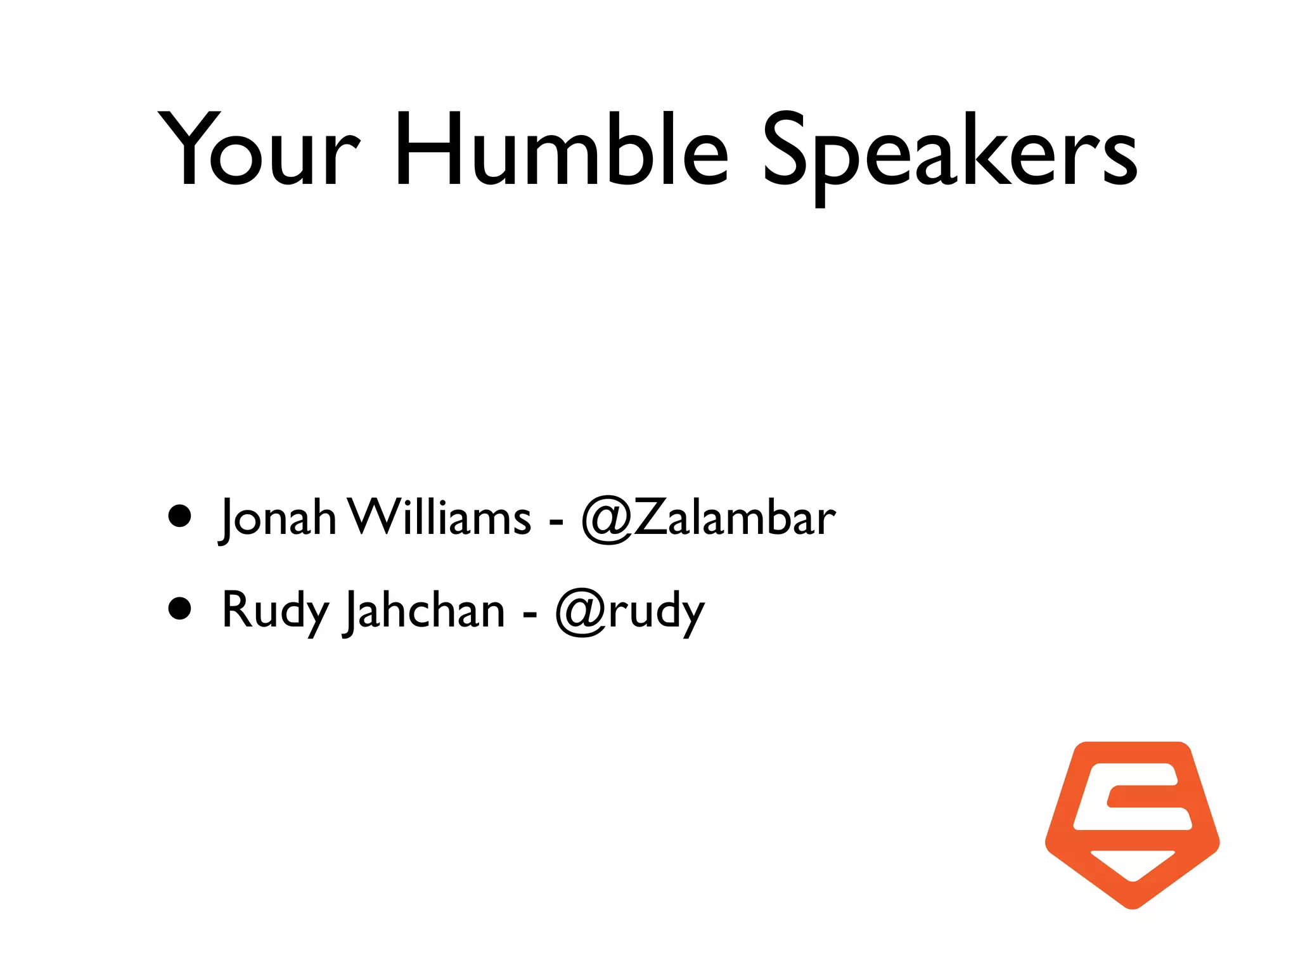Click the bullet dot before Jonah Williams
coord(180,516)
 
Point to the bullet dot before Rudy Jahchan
coord(180,608)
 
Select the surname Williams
coord(440,517)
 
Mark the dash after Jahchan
coord(529,614)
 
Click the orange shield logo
coord(1132,824)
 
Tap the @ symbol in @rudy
coord(581,613)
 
